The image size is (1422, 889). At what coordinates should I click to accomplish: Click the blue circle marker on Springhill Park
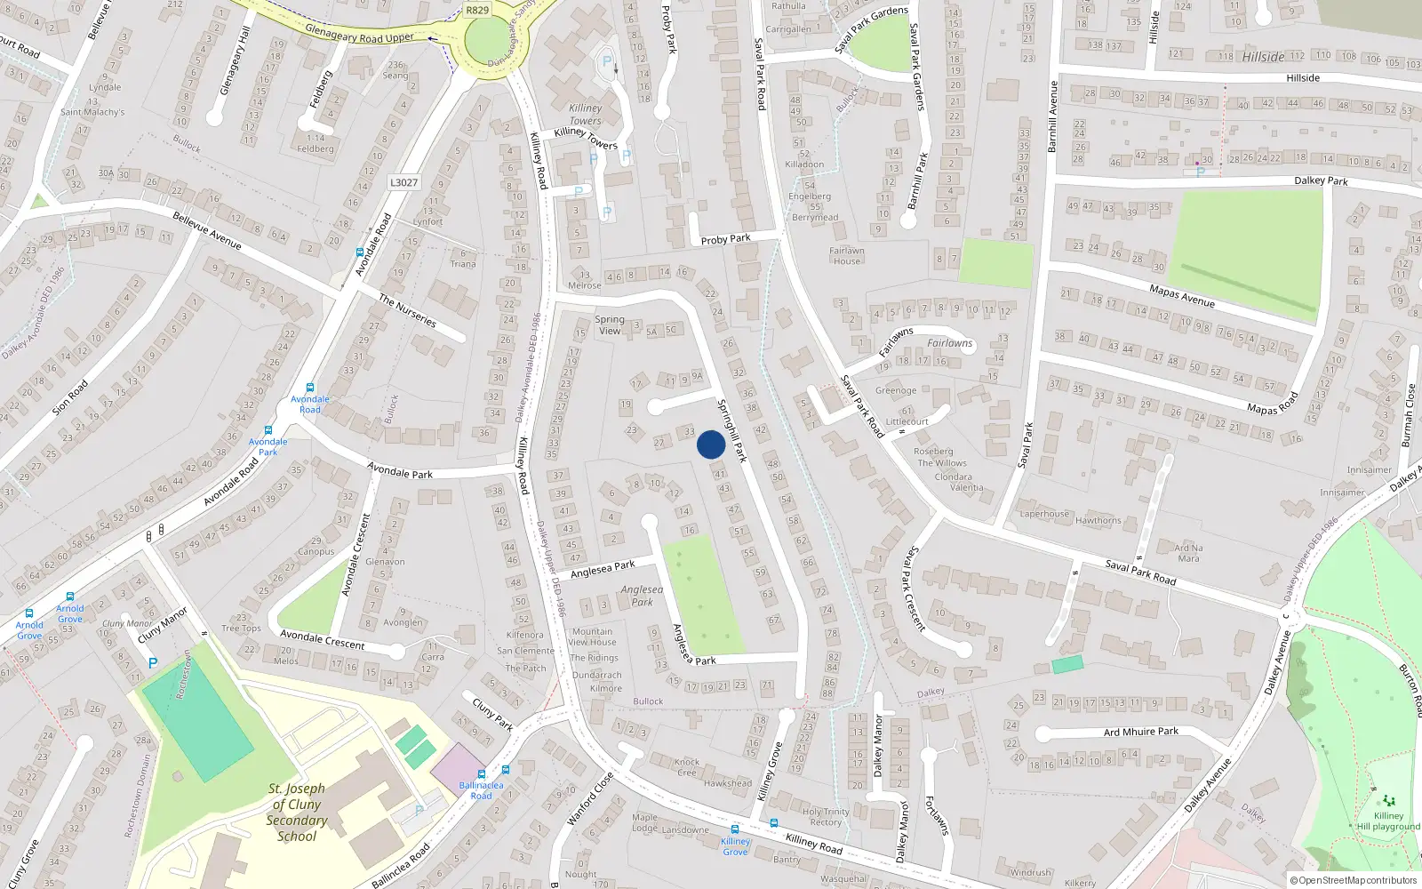click(x=710, y=444)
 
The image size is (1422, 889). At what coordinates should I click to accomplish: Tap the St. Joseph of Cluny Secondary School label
click(x=297, y=812)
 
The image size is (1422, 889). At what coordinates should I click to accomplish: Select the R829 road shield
click(x=477, y=10)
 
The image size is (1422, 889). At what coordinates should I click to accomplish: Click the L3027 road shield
click(x=403, y=182)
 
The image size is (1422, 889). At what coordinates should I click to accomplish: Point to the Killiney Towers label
click(x=585, y=115)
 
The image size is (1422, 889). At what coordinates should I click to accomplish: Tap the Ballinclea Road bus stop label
click(x=481, y=790)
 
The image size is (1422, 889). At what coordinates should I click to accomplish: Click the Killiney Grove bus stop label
click(x=735, y=846)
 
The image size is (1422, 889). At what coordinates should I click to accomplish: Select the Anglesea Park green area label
click(x=642, y=596)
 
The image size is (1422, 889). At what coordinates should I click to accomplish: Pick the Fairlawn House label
click(x=847, y=256)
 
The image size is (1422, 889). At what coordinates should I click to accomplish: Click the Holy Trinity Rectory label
click(x=826, y=817)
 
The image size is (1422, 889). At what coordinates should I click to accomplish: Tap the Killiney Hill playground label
click(x=1388, y=821)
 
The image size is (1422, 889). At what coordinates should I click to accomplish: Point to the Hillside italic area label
click(x=1263, y=57)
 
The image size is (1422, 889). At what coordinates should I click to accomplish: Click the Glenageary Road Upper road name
click(x=359, y=33)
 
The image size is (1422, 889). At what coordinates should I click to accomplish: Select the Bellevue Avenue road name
click(x=207, y=230)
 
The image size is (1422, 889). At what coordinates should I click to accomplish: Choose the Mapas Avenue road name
click(x=1181, y=295)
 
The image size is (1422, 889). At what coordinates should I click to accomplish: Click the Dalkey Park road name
click(x=1321, y=180)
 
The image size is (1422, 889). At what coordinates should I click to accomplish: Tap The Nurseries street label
click(x=407, y=311)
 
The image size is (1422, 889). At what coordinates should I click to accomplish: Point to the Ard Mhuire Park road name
click(x=1141, y=732)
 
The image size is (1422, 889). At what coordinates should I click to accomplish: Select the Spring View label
click(x=610, y=324)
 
